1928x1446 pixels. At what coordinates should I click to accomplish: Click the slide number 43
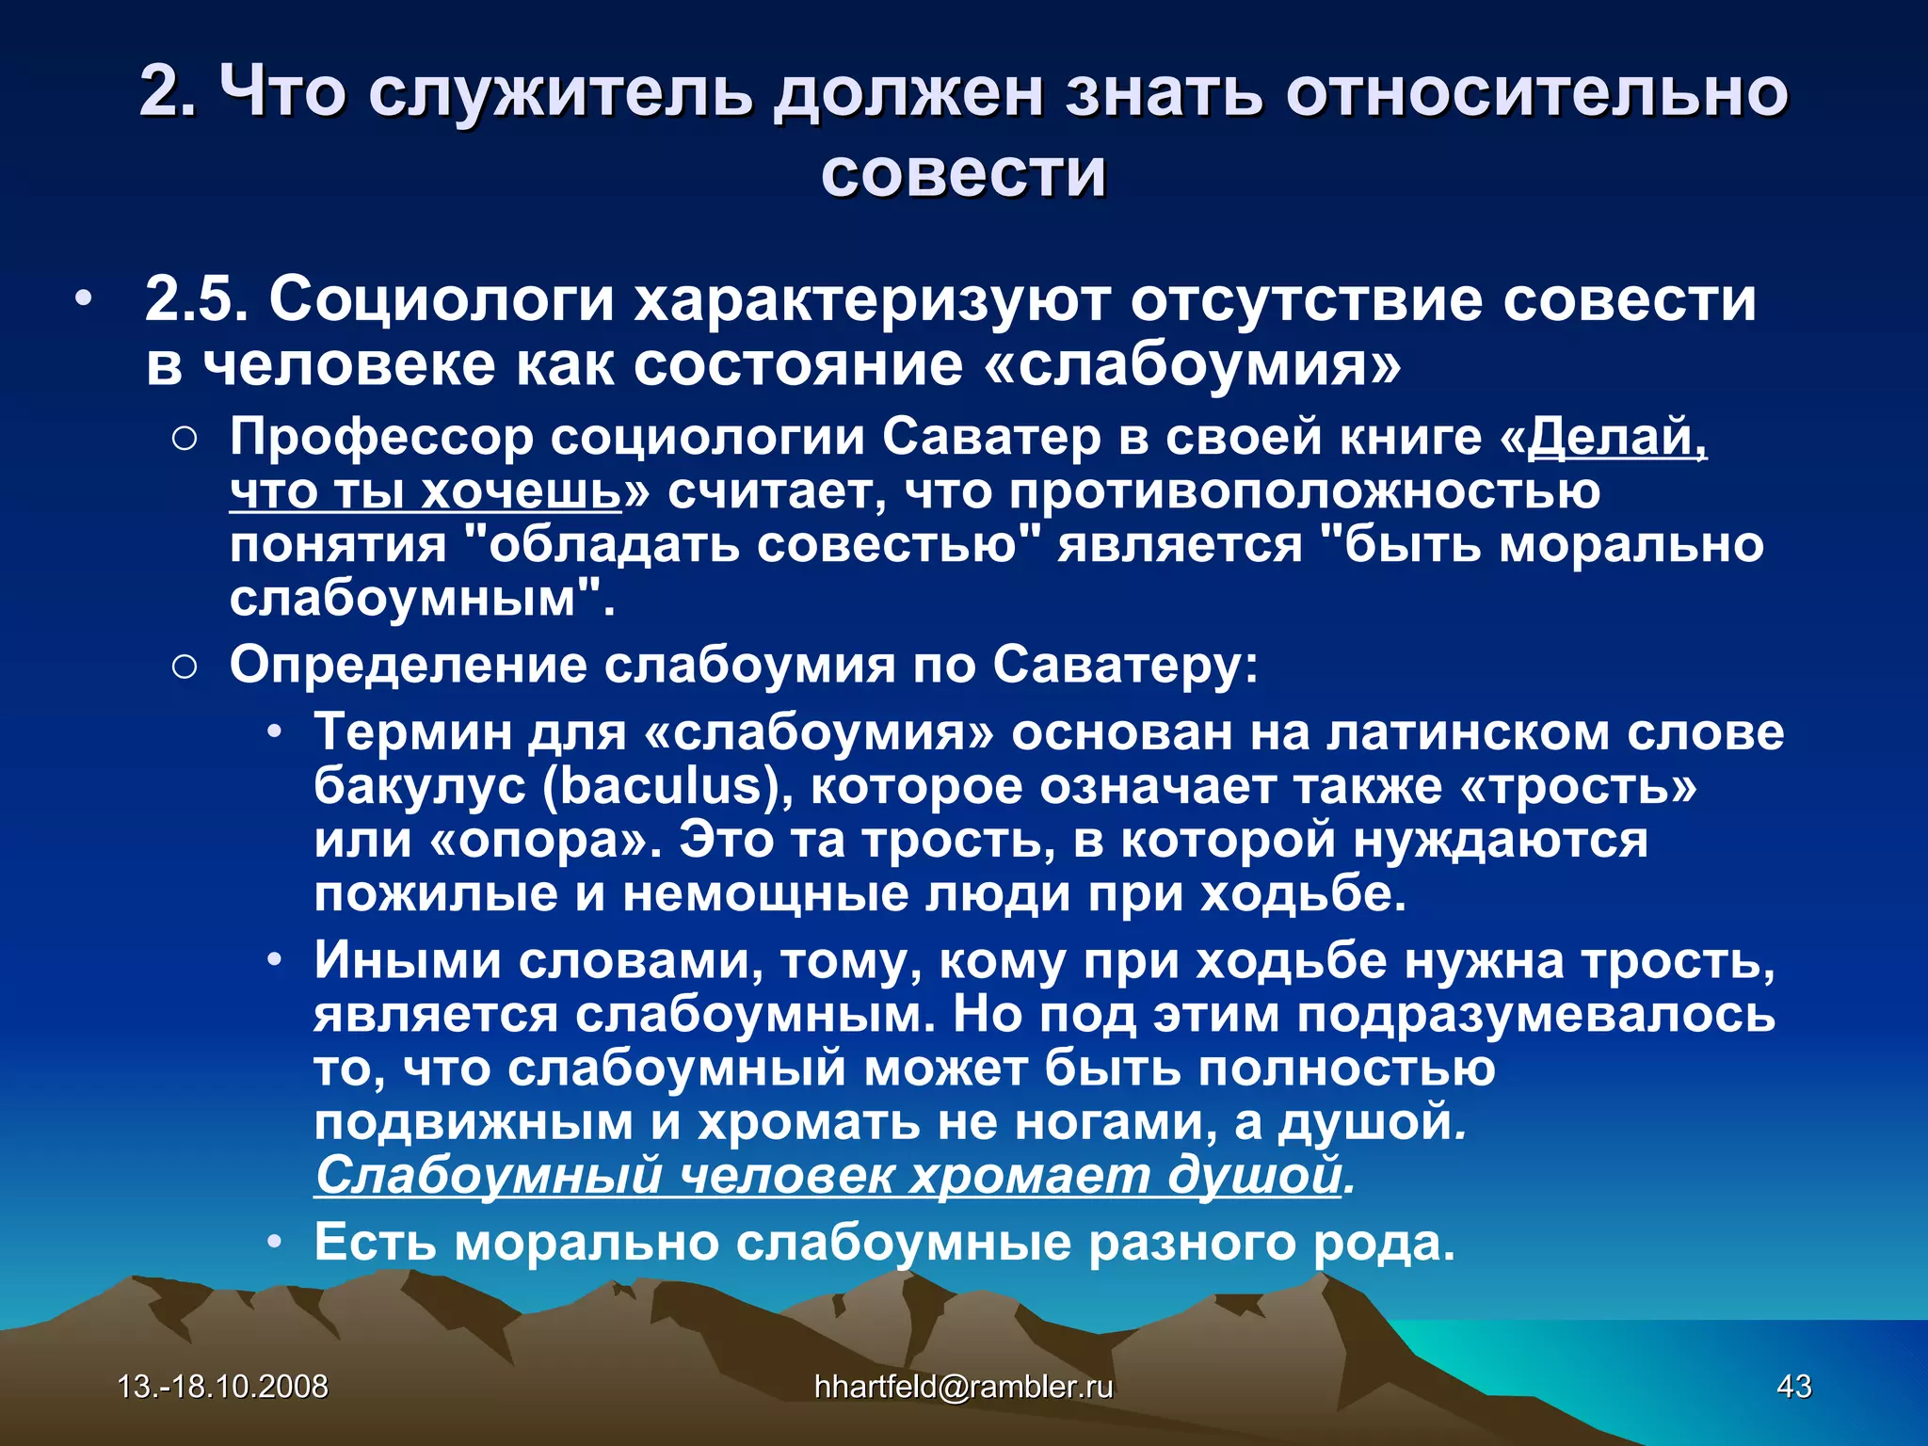click(x=1793, y=1386)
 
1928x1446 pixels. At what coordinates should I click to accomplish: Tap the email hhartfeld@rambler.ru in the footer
click(x=963, y=1386)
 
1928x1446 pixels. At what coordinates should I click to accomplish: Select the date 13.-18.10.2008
click(x=223, y=1386)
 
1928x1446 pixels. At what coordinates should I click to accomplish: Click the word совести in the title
click(x=963, y=172)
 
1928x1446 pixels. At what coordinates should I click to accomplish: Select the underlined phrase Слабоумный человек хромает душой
click(x=828, y=1175)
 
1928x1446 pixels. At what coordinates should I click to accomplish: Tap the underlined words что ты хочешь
click(x=426, y=491)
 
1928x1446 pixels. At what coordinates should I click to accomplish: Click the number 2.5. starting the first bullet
click(x=197, y=299)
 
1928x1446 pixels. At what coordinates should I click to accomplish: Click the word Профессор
click(x=381, y=438)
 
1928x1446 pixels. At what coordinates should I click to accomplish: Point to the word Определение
click(x=408, y=666)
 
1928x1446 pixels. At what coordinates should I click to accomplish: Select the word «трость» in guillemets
click(x=1578, y=786)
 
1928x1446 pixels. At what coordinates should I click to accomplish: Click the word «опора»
click(x=544, y=839)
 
